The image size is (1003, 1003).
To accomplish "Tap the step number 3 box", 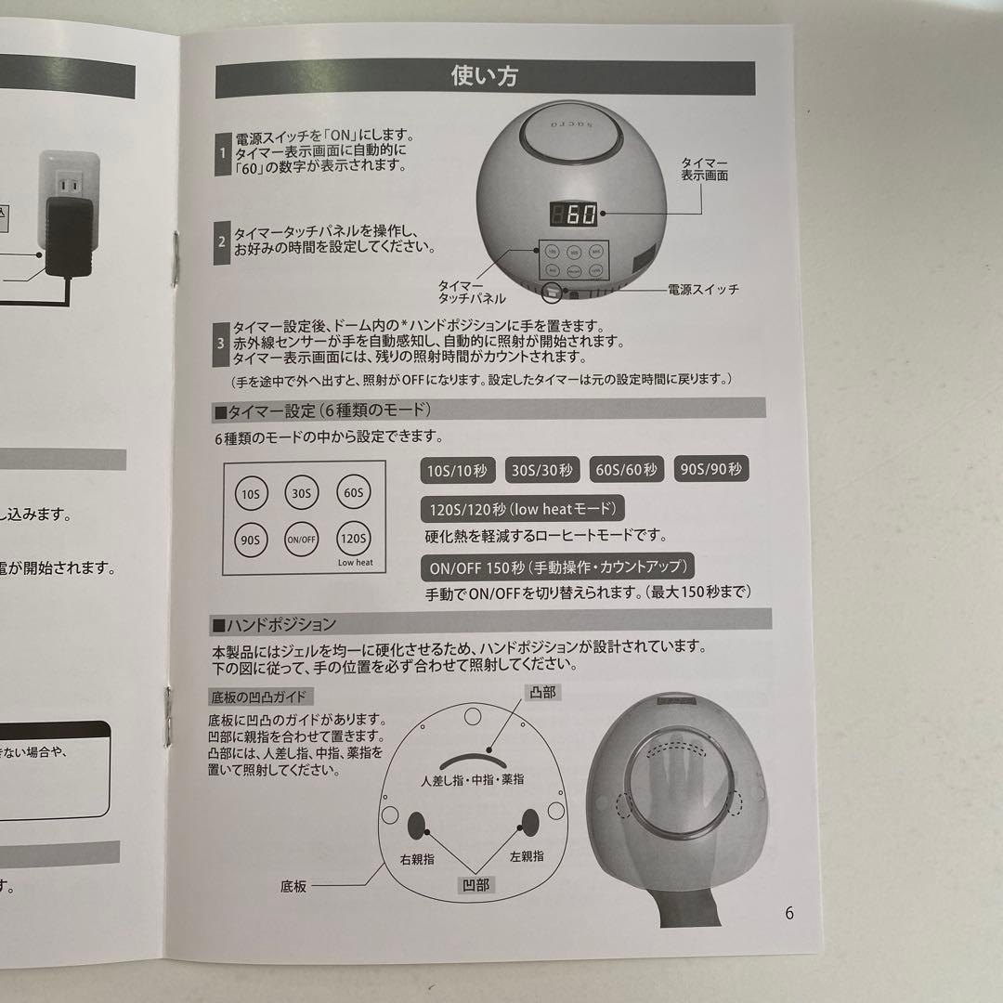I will [221, 343].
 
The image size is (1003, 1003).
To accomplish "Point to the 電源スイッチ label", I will [703, 290].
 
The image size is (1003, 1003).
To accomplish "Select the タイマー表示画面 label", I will [704, 168].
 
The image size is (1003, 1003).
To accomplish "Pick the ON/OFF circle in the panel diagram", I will [302, 539].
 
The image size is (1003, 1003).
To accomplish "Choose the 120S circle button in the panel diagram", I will [354, 539].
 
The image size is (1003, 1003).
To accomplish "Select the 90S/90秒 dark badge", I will [711, 470].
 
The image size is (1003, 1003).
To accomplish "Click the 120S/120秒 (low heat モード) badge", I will [522, 509].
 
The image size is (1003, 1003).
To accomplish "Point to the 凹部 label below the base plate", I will [475, 885].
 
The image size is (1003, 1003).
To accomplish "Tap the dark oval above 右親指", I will [417, 822].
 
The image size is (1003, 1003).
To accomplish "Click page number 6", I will [788, 913].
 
